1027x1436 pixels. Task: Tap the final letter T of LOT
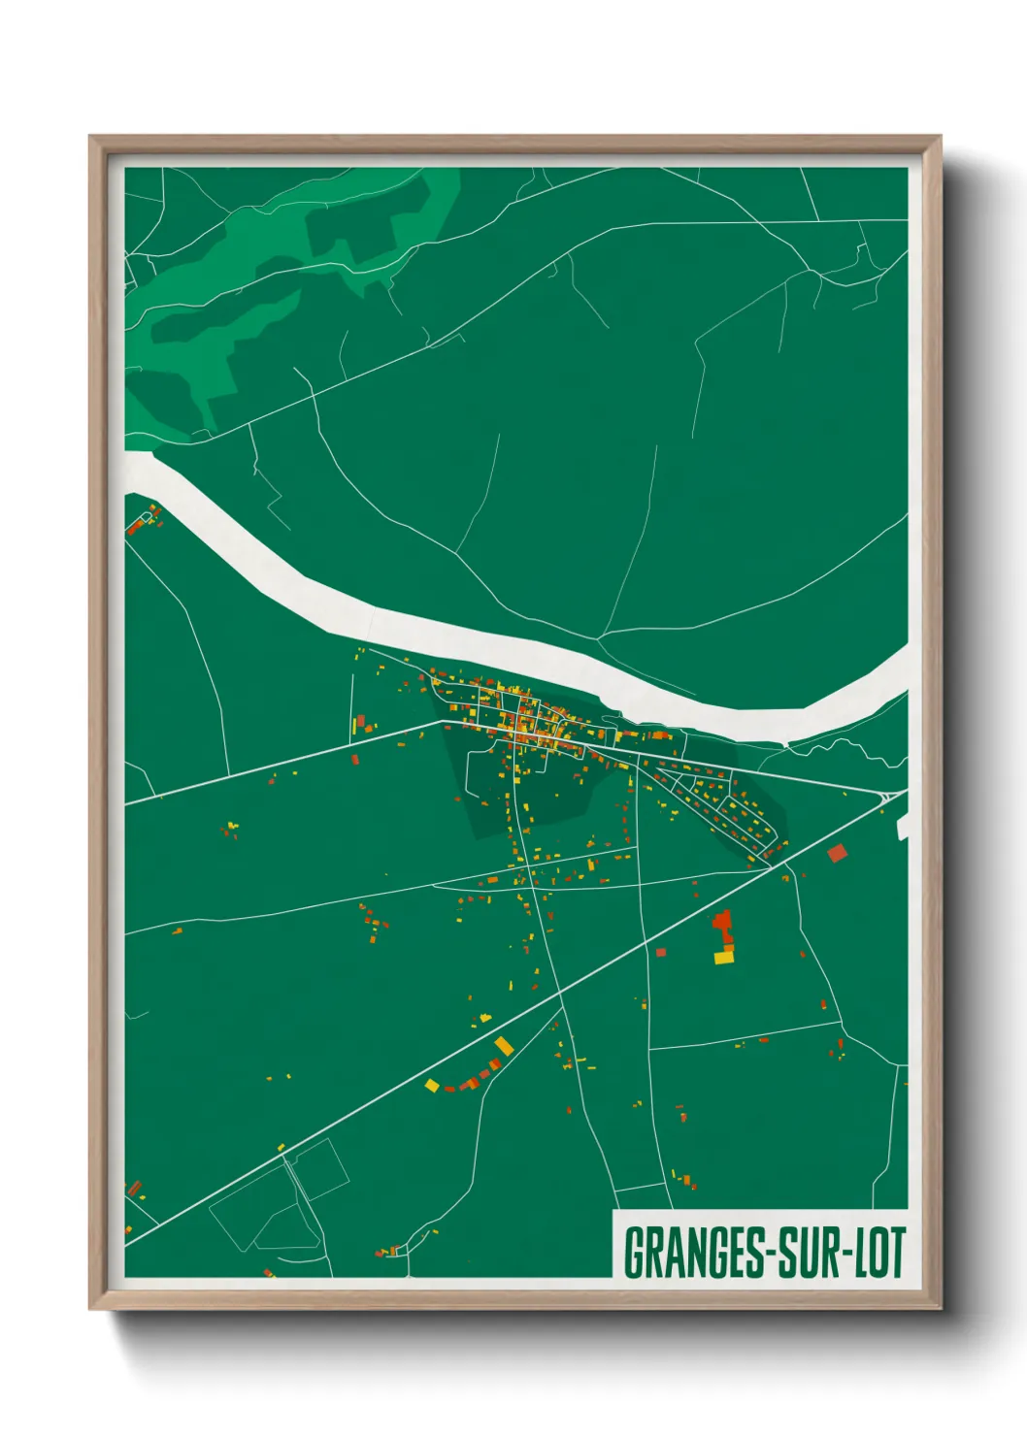coord(897,1253)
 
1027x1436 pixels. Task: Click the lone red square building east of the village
coord(837,853)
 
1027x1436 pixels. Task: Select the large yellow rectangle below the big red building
coord(724,958)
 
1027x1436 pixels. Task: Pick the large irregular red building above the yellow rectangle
coord(722,924)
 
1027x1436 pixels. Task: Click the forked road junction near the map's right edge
coord(886,797)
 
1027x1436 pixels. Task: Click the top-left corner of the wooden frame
coord(90,137)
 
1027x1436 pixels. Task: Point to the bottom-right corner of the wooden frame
coord(940,1309)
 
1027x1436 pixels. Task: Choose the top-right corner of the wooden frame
coord(940,137)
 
